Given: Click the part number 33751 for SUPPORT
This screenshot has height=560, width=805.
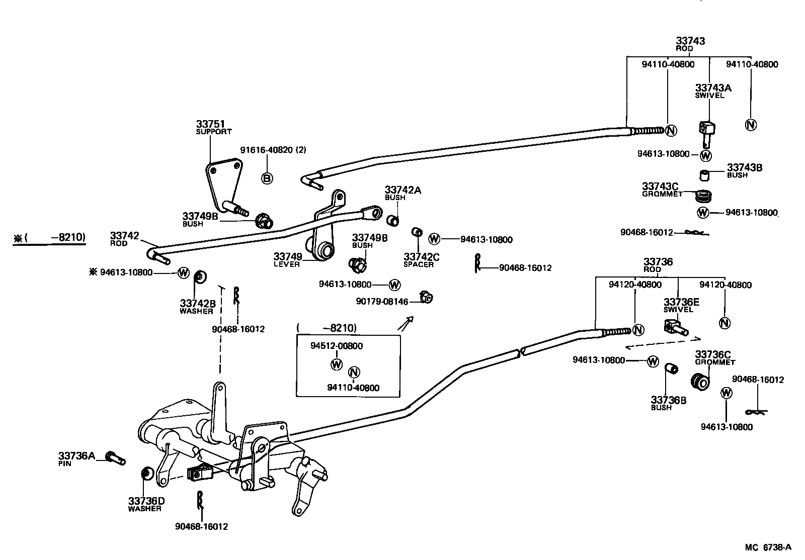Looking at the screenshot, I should [210, 124].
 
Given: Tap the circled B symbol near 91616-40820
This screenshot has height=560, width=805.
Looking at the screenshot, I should [267, 177].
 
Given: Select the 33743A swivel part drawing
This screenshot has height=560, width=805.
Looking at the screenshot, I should [707, 132].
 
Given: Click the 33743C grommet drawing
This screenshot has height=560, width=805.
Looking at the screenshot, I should [704, 195].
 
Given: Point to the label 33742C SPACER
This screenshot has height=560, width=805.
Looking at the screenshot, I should [421, 260].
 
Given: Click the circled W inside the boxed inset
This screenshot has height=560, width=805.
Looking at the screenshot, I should [336, 364].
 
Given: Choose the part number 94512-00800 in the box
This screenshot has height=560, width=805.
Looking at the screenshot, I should [336, 346].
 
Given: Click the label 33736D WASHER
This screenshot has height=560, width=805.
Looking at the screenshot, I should [146, 504].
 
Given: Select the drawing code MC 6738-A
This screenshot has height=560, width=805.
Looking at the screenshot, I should [768, 547].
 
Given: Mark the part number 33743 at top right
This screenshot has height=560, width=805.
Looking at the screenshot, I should [690, 41].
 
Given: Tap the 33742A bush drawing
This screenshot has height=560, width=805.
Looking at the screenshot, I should [392, 220].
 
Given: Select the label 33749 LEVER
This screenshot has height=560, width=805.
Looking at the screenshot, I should [288, 260].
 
